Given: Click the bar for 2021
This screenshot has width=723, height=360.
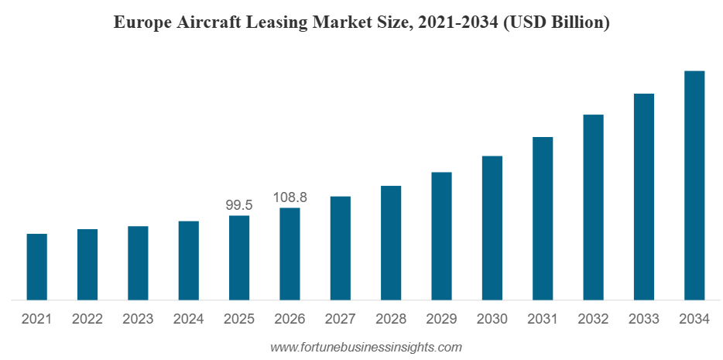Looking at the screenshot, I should [x=36, y=266].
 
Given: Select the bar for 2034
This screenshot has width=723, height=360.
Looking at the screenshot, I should [x=694, y=185].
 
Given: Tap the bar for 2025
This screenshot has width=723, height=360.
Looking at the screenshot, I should [x=239, y=257].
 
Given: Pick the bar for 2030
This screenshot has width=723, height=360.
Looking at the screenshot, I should [x=492, y=228].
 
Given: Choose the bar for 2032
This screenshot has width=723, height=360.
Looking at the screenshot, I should [x=593, y=207].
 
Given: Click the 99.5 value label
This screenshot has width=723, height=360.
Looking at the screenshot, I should [x=239, y=205].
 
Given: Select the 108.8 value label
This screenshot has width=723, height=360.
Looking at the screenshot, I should [x=290, y=197].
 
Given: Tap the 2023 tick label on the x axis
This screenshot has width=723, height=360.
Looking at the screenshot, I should [x=138, y=319].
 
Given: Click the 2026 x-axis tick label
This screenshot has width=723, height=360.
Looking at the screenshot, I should [x=290, y=319].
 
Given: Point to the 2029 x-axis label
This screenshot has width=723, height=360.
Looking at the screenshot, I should [x=441, y=319].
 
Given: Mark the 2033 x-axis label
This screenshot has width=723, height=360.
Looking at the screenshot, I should [x=643, y=319].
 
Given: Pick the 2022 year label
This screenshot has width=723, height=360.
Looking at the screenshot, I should [x=87, y=319].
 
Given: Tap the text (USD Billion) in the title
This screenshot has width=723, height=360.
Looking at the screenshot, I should [x=555, y=23].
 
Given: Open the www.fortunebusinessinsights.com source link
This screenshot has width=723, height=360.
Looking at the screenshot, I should [x=365, y=347].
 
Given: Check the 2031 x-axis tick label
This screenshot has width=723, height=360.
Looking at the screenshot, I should [x=543, y=319].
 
